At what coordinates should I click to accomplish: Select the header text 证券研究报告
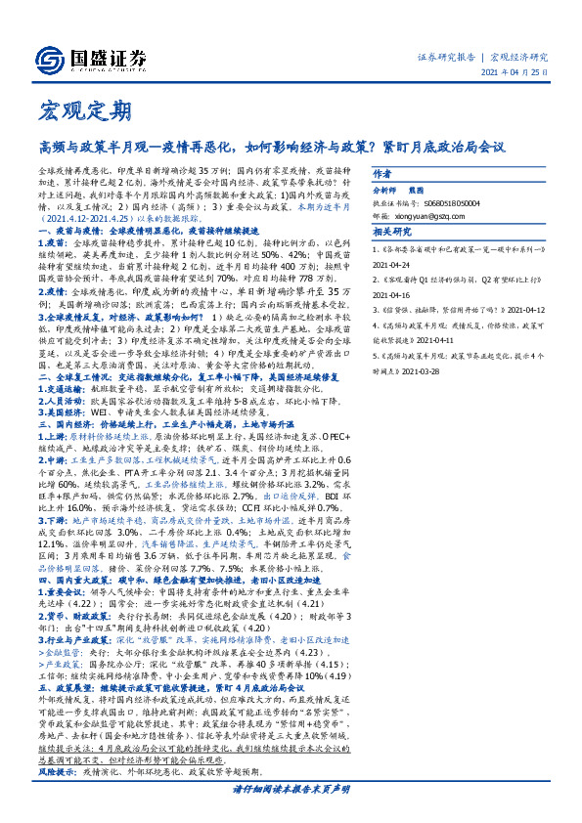(x=450, y=58)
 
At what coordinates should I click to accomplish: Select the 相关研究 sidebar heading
(x=389, y=234)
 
